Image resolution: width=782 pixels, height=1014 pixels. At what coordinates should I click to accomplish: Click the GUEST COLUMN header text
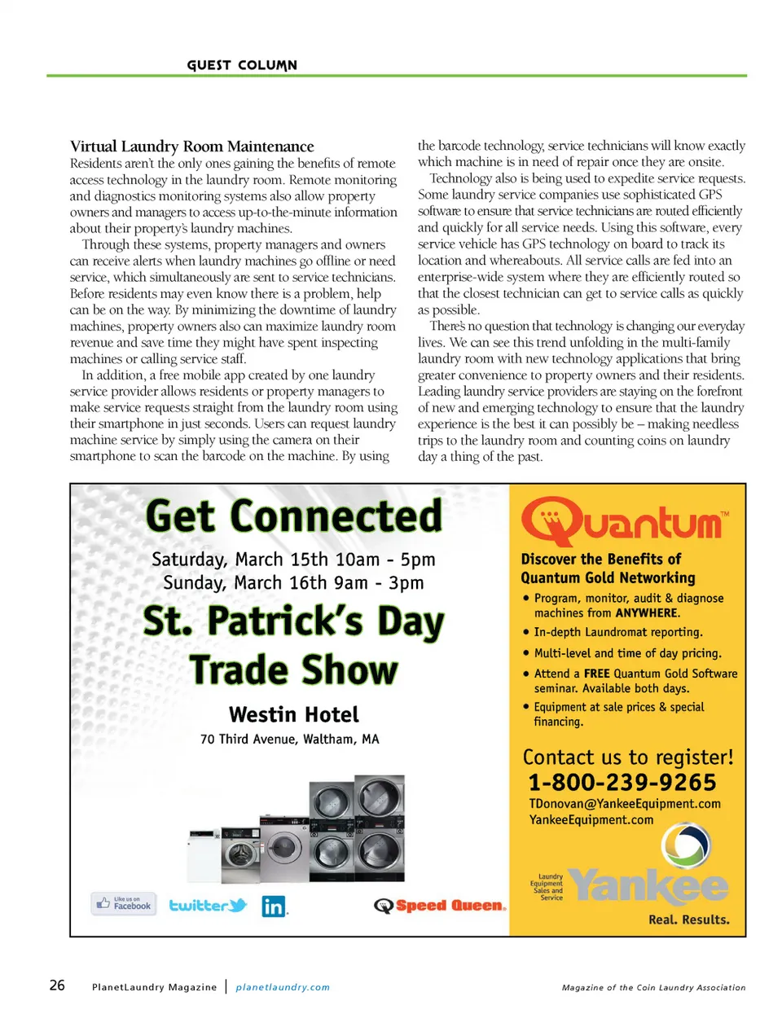click(242, 65)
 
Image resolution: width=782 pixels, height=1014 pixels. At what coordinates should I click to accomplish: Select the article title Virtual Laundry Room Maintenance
click(191, 147)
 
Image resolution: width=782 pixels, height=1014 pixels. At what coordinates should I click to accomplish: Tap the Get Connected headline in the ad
click(294, 516)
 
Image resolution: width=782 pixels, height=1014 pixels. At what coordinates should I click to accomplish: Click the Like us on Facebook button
click(124, 903)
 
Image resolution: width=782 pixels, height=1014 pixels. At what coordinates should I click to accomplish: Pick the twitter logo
click(208, 905)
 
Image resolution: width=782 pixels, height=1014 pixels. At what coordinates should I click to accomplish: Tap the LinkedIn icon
click(275, 906)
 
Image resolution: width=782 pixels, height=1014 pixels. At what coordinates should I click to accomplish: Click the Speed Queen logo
click(441, 906)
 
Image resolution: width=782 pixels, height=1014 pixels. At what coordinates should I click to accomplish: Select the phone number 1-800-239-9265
click(622, 782)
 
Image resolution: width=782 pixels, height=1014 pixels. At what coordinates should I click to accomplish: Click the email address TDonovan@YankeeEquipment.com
click(625, 804)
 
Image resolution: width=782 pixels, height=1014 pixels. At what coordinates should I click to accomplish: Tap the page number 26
click(57, 985)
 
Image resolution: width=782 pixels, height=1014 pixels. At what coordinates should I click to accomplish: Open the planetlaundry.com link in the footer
click(283, 987)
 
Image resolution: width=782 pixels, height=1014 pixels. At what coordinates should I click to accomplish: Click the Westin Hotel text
click(294, 714)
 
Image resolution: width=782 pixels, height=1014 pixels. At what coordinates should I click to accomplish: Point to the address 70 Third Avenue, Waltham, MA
click(290, 740)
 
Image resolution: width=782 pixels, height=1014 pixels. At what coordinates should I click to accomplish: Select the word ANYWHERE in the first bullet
click(647, 613)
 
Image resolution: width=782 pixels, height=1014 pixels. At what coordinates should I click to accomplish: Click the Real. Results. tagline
click(688, 920)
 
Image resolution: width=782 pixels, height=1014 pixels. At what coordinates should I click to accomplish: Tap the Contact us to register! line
click(628, 757)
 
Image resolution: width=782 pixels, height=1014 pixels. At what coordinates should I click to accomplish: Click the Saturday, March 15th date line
click(293, 560)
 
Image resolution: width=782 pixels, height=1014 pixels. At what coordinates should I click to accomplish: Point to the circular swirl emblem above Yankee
click(685, 847)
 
